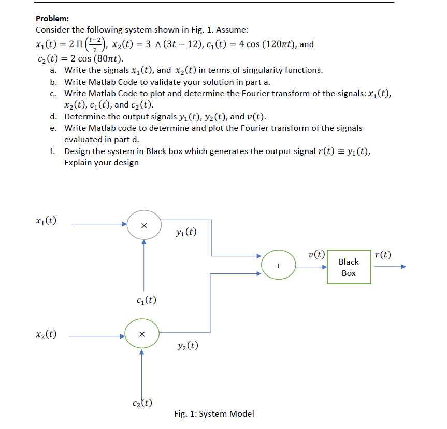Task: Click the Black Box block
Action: click(349, 267)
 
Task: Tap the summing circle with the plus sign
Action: click(279, 266)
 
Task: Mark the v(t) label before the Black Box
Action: click(316, 254)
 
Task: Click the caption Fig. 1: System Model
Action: click(214, 413)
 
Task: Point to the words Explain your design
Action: click(102, 163)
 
